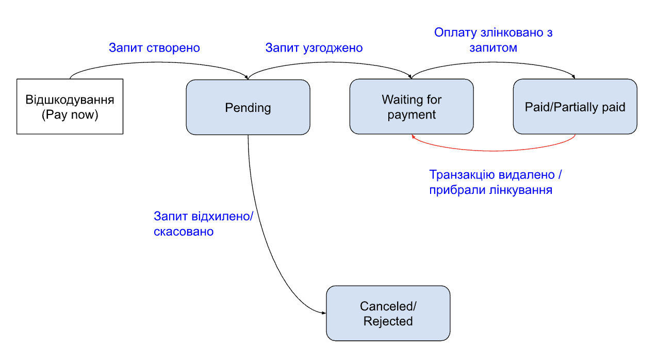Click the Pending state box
(248, 107)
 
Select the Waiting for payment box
(412, 106)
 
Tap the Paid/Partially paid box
(575, 106)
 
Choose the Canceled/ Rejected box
(388, 313)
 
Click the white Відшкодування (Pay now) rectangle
(70, 106)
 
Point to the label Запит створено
(154, 47)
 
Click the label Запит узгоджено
(314, 47)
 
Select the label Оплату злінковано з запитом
(494, 40)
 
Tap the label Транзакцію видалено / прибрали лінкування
(496, 182)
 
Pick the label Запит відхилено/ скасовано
(203, 224)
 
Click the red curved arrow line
(494, 151)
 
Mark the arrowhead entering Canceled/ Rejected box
(324, 313)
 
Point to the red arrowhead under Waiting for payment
(413, 137)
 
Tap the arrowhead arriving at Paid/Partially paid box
(573, 77)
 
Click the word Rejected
(388, 321)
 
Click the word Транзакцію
(462, 175)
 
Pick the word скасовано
(184, 232)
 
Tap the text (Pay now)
(70, 114)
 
